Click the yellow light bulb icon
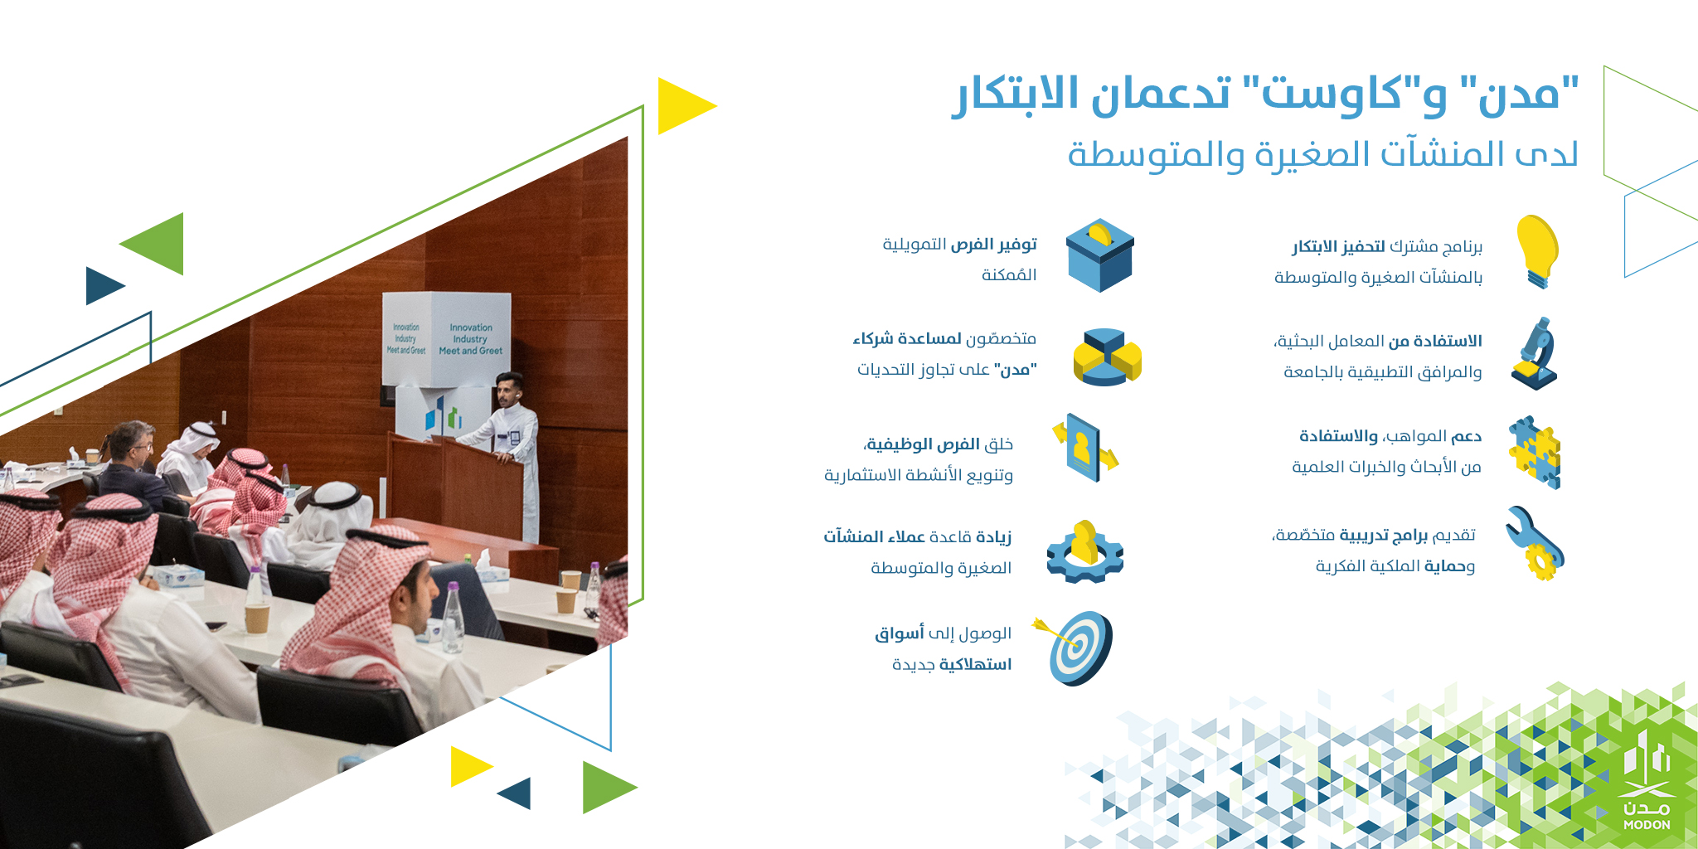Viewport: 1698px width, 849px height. click(1538, 251)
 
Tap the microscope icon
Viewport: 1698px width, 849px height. click(1535, 354)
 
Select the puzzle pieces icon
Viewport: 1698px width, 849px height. click(1535, 452)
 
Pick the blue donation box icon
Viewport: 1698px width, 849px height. click(1100, 255)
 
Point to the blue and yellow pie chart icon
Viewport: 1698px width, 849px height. click(1108, 357)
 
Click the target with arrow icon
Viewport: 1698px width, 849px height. click(1075, 648)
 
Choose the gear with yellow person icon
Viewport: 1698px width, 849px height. click(1085, 551)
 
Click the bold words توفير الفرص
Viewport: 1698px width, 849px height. click(993, 245)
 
